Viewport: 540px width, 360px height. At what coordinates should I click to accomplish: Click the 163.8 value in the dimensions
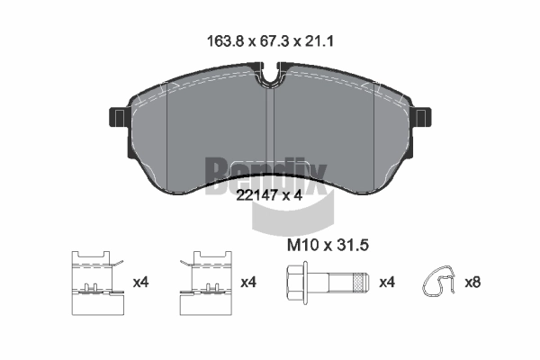[225, 41]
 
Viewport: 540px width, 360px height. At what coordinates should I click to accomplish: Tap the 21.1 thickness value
[319, 41]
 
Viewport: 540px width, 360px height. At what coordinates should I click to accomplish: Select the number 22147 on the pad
[256, 195]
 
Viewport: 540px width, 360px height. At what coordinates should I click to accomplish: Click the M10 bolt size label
[302, 246]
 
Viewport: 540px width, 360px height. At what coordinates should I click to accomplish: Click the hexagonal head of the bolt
[295, 283]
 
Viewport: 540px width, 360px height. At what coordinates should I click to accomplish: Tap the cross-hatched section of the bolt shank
[360, 283]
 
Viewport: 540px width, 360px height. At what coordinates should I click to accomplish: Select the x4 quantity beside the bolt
[387, 283]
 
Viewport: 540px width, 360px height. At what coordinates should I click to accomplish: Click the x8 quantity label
[472, 283]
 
